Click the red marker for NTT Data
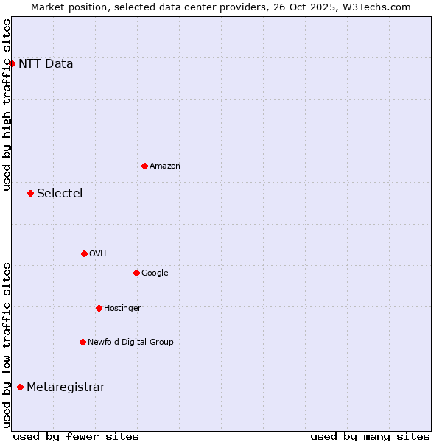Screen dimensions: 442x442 [12, 63]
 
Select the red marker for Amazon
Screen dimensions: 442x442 [144, 166]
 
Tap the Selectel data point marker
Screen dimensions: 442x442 [30, 193]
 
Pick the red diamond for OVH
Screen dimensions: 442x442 [84, 253]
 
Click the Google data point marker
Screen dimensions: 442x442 [136, 273]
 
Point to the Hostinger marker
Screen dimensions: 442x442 [99, 308]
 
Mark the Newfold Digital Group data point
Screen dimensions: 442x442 [83, 342]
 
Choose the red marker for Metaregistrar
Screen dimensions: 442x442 [20, 387]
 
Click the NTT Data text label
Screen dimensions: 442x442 [46, 63]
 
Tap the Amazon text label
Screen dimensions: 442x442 [164, 166]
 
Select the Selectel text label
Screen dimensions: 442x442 [60, 194]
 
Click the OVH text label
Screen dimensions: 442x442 [98, 254]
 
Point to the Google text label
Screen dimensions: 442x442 [155, 273]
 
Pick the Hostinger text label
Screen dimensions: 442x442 [122, 309]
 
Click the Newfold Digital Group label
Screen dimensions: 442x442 [130, 343]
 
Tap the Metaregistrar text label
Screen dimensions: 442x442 [66, 387]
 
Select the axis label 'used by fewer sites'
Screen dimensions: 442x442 [76, 437]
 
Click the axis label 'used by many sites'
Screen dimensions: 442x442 [370, 437]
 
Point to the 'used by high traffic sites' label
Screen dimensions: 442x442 [7, 105]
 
